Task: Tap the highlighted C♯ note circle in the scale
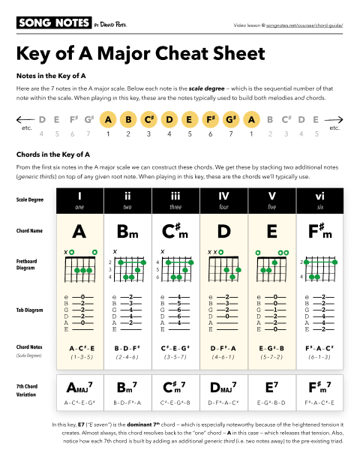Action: pos(148,119)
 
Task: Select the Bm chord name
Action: pos(127,231)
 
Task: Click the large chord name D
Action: pos(223,230)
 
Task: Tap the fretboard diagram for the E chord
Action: pos(271,266)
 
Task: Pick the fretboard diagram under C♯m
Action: pos(175,266)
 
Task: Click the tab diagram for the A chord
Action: pos(79,313)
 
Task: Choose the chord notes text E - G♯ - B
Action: pos(271,348)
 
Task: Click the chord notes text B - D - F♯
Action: pos(127,348)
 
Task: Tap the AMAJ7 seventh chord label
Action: pos(79,388)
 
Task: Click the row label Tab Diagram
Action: pos(31,307)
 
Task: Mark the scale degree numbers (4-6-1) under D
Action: pos(223,358)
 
